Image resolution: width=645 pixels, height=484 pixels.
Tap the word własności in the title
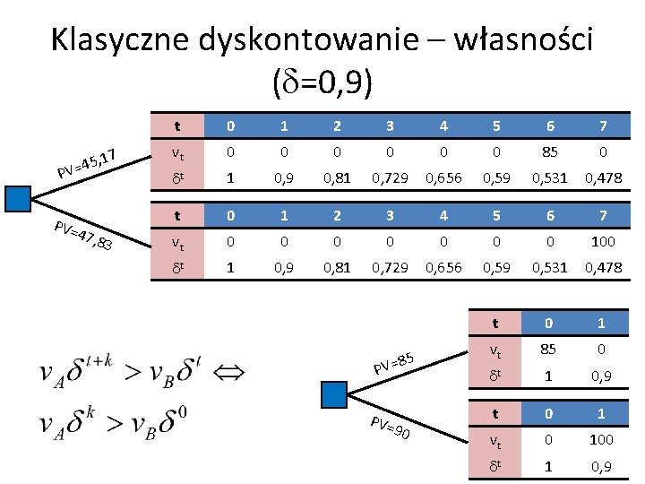pos(523,42)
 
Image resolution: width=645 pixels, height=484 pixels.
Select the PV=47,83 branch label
pos(82,235)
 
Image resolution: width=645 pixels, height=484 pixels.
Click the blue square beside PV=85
pos(333,393)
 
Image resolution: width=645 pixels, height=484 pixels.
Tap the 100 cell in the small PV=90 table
pos(600,439)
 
